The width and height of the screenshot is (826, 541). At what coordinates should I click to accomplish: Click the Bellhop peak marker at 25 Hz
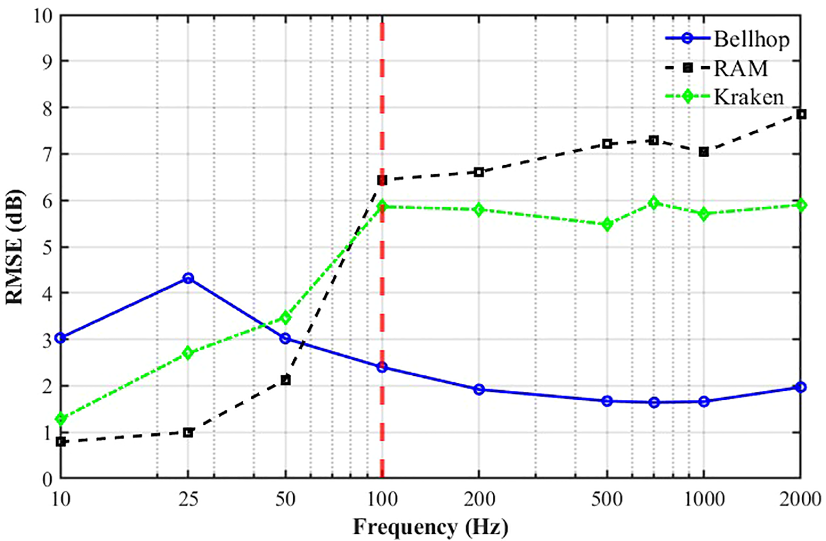click(188, 278)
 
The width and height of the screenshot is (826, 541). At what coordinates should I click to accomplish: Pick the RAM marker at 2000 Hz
click(801, 114)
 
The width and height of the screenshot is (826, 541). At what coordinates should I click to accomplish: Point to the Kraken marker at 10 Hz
click(61, 419)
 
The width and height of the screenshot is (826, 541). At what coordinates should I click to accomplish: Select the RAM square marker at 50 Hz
click(286, 380)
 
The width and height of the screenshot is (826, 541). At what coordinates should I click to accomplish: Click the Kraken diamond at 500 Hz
click(607, 224)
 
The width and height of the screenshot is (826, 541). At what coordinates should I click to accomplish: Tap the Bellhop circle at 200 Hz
click(479, 389)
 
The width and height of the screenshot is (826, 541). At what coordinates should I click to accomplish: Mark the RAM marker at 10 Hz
click(61, 441)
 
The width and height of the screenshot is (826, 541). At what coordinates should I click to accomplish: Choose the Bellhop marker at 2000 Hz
click(801, 387)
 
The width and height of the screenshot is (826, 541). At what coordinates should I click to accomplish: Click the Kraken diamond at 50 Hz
click(286, 318)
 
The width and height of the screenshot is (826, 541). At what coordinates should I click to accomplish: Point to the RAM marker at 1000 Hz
click(703, 152)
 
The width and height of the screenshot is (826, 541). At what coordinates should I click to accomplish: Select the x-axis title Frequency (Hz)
click(430, 527)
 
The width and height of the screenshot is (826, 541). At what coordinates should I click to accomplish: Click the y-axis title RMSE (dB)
click(15, 247)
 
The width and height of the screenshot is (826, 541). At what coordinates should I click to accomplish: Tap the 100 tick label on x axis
click(382, 500)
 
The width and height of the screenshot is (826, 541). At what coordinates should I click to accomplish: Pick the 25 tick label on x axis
click(188, 500)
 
